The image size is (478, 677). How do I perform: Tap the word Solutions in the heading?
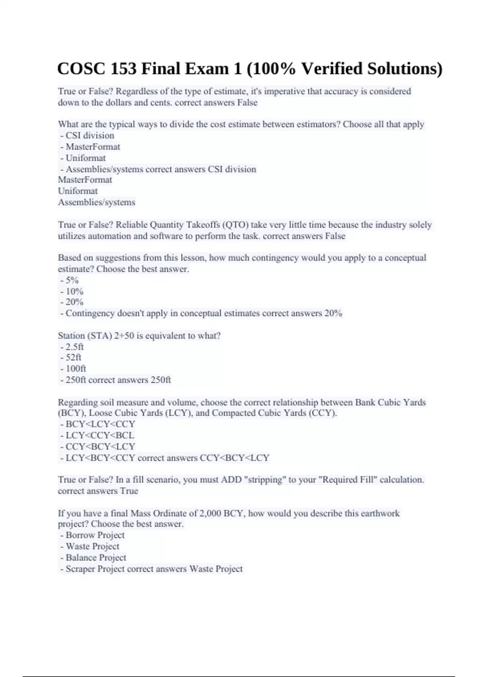point(405,69)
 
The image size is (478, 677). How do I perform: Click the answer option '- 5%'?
point(70,280)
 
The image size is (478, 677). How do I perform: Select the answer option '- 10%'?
point(72,291)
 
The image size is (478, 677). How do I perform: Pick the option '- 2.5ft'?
point(72,346)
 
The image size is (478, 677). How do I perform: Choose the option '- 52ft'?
point(71,357)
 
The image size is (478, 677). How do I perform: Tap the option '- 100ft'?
point(73,368)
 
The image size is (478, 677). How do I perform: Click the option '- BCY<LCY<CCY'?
point(98,424)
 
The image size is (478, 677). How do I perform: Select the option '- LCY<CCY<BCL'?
point(98,435)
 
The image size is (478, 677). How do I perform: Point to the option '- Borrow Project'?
point(92,535)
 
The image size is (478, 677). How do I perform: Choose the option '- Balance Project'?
point(93,558)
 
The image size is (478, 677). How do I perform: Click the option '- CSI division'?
point(87,135)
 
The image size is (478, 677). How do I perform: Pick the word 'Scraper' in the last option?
point(80,569)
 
